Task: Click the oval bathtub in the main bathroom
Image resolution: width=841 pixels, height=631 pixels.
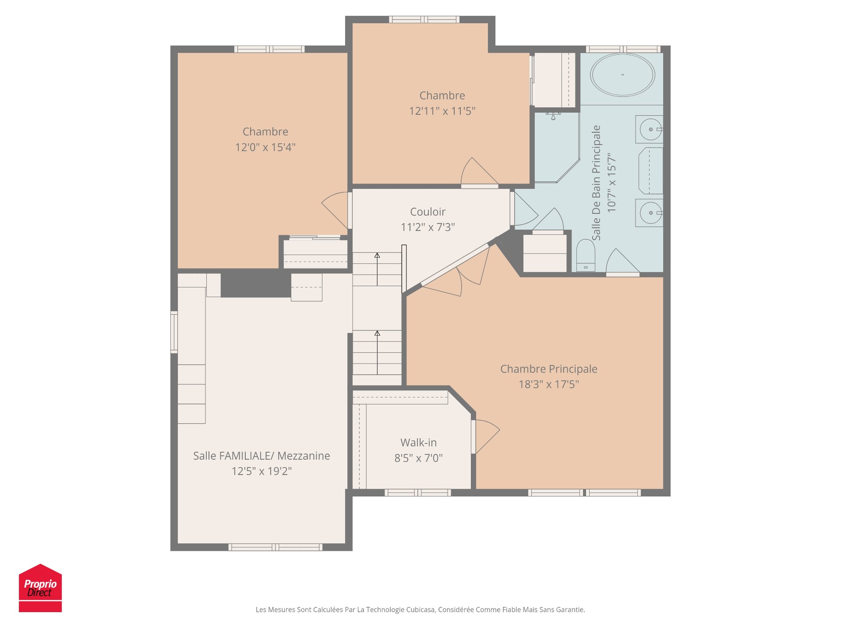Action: (x=622, y=75)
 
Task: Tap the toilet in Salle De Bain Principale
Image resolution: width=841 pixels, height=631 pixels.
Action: (x=586, y=255)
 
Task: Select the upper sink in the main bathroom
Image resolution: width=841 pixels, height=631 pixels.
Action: (x=650, y=129)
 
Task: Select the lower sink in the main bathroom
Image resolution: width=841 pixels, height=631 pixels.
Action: (x=650, y=213)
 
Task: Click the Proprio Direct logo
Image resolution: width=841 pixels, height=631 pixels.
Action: (x=40, y=588)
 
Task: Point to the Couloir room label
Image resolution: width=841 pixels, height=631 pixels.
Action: (x=428, y=212)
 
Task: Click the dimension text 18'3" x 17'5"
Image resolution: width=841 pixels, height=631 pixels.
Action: (x=548, y=385)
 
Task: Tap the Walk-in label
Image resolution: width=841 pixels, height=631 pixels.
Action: (x=418, y=443)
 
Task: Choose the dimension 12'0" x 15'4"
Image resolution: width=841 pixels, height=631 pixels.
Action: (x=265, y=147)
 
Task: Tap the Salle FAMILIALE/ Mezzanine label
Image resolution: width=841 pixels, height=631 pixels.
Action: (x=261, y=456)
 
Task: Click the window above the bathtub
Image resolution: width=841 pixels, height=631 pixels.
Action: (x=623, y=49)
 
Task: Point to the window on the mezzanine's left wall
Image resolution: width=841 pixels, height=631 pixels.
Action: (x=174, y=332)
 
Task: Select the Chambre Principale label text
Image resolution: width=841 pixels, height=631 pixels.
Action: (x=548, y=369)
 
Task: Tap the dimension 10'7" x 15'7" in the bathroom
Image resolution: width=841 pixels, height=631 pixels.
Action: (x=611, y=183)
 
